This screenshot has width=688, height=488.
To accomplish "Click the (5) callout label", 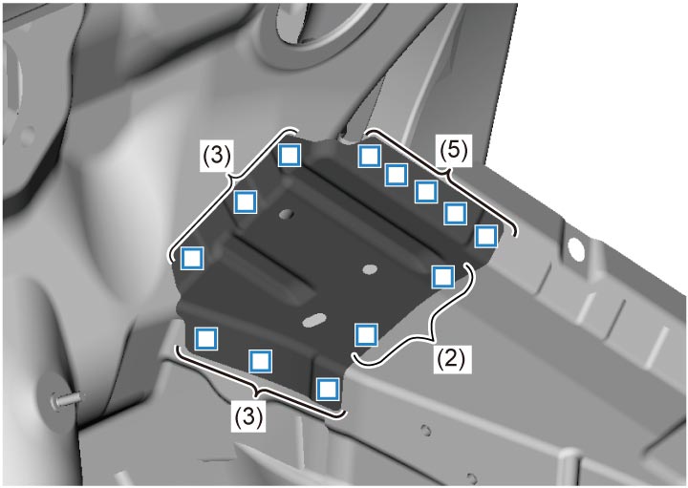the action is click(454, 151).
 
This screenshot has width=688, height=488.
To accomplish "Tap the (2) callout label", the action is click(451, 359).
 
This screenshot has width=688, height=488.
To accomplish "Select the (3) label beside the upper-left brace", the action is click(217, 156).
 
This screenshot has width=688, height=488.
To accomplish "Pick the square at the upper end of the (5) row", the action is click(369, 156).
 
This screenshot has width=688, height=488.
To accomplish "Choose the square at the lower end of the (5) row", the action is click(486, 236).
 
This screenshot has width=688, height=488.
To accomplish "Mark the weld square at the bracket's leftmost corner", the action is click(192, 258).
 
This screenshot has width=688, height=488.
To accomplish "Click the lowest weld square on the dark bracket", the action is click(328, 389).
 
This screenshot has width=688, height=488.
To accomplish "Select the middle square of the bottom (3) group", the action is click(261, 361).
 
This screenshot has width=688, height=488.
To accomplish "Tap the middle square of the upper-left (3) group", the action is click(246, 202).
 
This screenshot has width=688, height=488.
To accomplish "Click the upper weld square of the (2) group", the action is click(442, 277).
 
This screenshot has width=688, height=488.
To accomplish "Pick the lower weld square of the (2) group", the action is click(366, 334).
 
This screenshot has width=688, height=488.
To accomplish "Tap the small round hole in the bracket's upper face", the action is click(287, 215).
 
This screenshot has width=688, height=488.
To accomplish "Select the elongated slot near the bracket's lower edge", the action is click(314, 320).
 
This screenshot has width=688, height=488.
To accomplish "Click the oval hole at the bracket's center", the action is click(371, 268).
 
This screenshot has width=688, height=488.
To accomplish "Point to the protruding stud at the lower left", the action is click(66, 398).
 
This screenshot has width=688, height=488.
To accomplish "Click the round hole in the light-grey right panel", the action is click(575, 250).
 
